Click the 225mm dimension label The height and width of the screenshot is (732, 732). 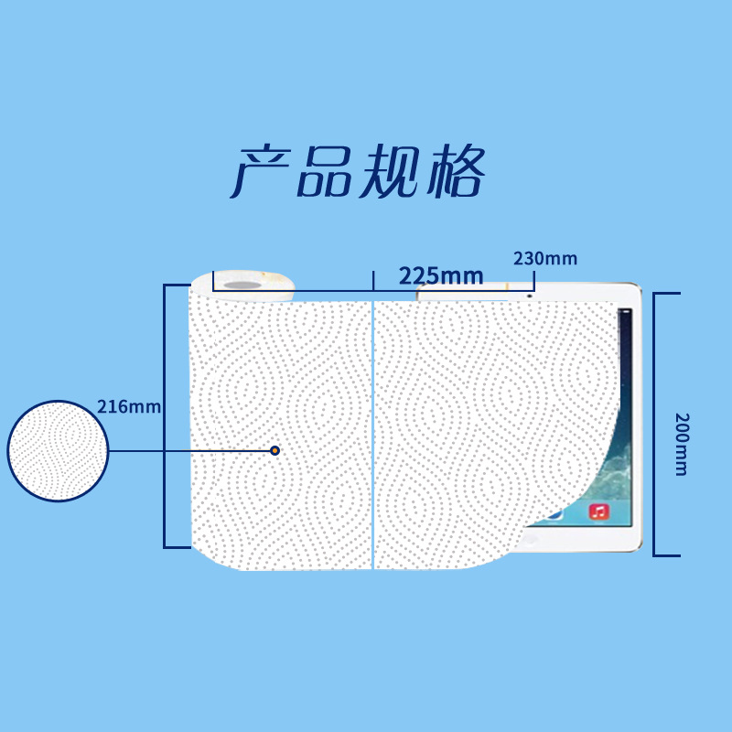(440, 274)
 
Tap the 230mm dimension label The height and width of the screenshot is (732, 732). (545, 258)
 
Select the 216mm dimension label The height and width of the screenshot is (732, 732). (128, 407)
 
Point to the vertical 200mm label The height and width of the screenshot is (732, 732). (681, 444)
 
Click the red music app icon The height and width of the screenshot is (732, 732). (599, 511)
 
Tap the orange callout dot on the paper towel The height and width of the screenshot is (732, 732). (274, 450)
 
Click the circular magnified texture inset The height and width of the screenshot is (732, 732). (58, 450)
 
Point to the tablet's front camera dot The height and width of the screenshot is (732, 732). (530, 295)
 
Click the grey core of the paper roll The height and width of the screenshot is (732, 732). (243, 285)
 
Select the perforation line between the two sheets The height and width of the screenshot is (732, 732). (373, 430)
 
